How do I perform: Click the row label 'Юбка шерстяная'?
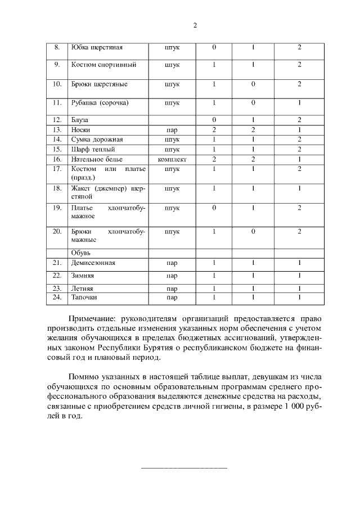coord(93,47)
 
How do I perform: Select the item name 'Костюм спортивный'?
coord(103,65)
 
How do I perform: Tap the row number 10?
coord(56,84)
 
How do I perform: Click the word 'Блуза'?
coord(80,120)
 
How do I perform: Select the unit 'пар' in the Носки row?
coord(172,129)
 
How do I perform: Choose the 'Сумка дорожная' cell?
coord(97,139)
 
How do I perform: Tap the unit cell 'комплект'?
coord(172,159)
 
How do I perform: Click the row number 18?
coord(56,188)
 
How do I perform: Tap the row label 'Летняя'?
coord(82,288)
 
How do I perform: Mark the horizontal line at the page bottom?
coord(184,468)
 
